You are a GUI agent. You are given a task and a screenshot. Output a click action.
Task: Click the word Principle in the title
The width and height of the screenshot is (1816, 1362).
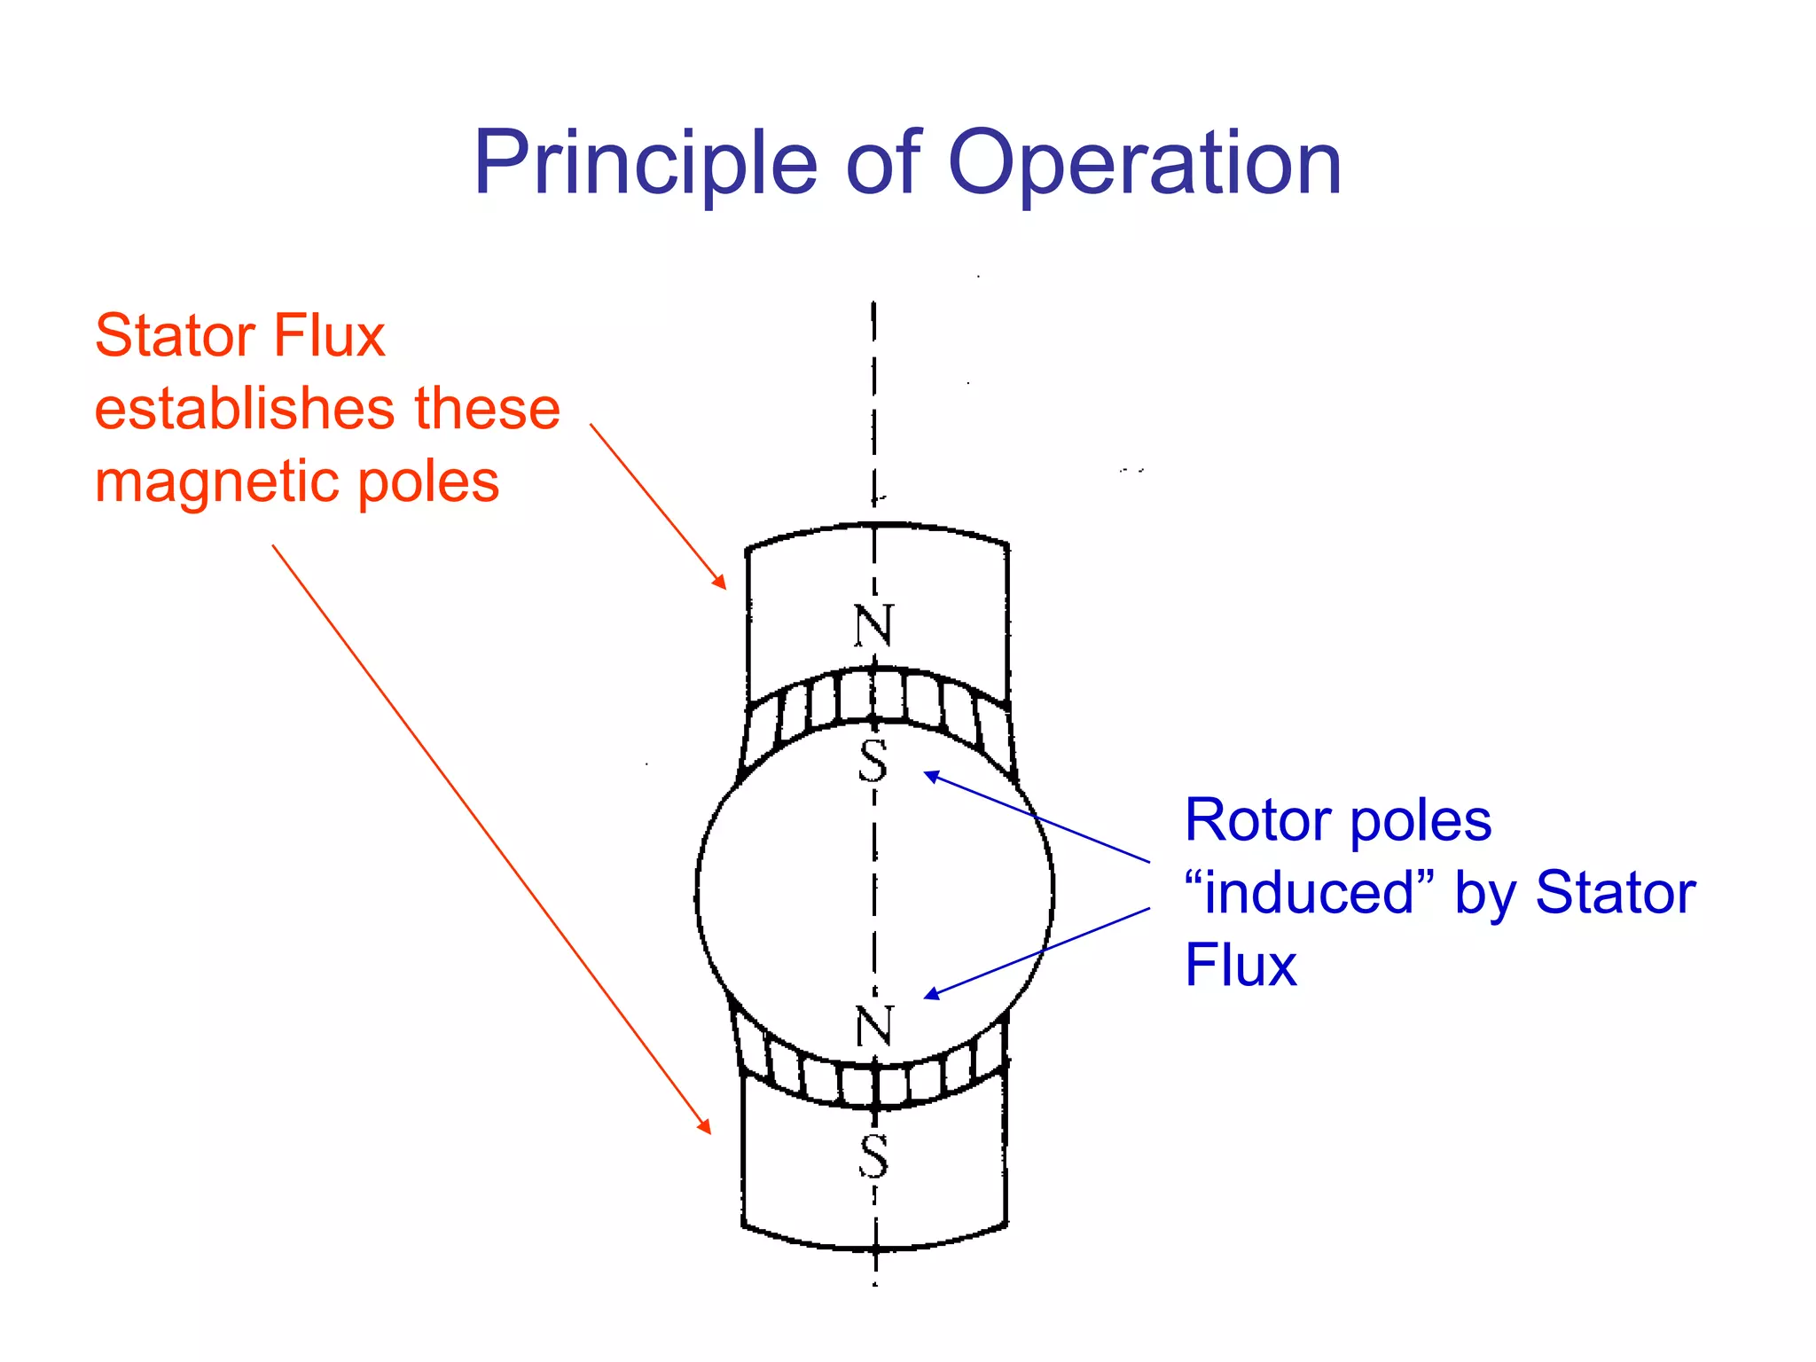[x=645, y=164]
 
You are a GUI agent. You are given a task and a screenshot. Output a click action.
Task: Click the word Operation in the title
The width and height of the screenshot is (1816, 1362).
[x=1145, y=164]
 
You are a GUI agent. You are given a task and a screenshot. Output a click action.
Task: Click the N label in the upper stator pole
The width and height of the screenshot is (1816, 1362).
[x=873, y=626]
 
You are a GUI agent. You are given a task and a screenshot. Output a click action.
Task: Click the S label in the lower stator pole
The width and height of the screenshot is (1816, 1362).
[x=873, y=1156]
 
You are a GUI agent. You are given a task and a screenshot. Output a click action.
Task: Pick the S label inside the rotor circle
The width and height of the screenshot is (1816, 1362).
[x=873, y=761]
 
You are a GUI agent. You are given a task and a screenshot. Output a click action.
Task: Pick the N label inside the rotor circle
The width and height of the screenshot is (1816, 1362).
[x=874, y=1026]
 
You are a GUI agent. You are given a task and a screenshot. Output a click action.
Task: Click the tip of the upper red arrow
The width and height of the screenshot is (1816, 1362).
[x=724, y=587]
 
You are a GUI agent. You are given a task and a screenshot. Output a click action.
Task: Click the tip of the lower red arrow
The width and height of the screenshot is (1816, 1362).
[x=709, y=1131]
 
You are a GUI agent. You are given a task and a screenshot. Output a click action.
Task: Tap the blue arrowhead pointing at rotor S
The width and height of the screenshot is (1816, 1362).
[x=927, y=774]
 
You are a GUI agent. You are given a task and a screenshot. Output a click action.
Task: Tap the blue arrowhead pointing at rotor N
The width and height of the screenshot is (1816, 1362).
[x=927, y=998]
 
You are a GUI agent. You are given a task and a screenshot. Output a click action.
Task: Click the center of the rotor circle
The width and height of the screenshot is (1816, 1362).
[x=875, y=892]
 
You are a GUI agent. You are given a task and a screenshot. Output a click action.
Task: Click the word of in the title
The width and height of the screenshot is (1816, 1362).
[x=882, y=164]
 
